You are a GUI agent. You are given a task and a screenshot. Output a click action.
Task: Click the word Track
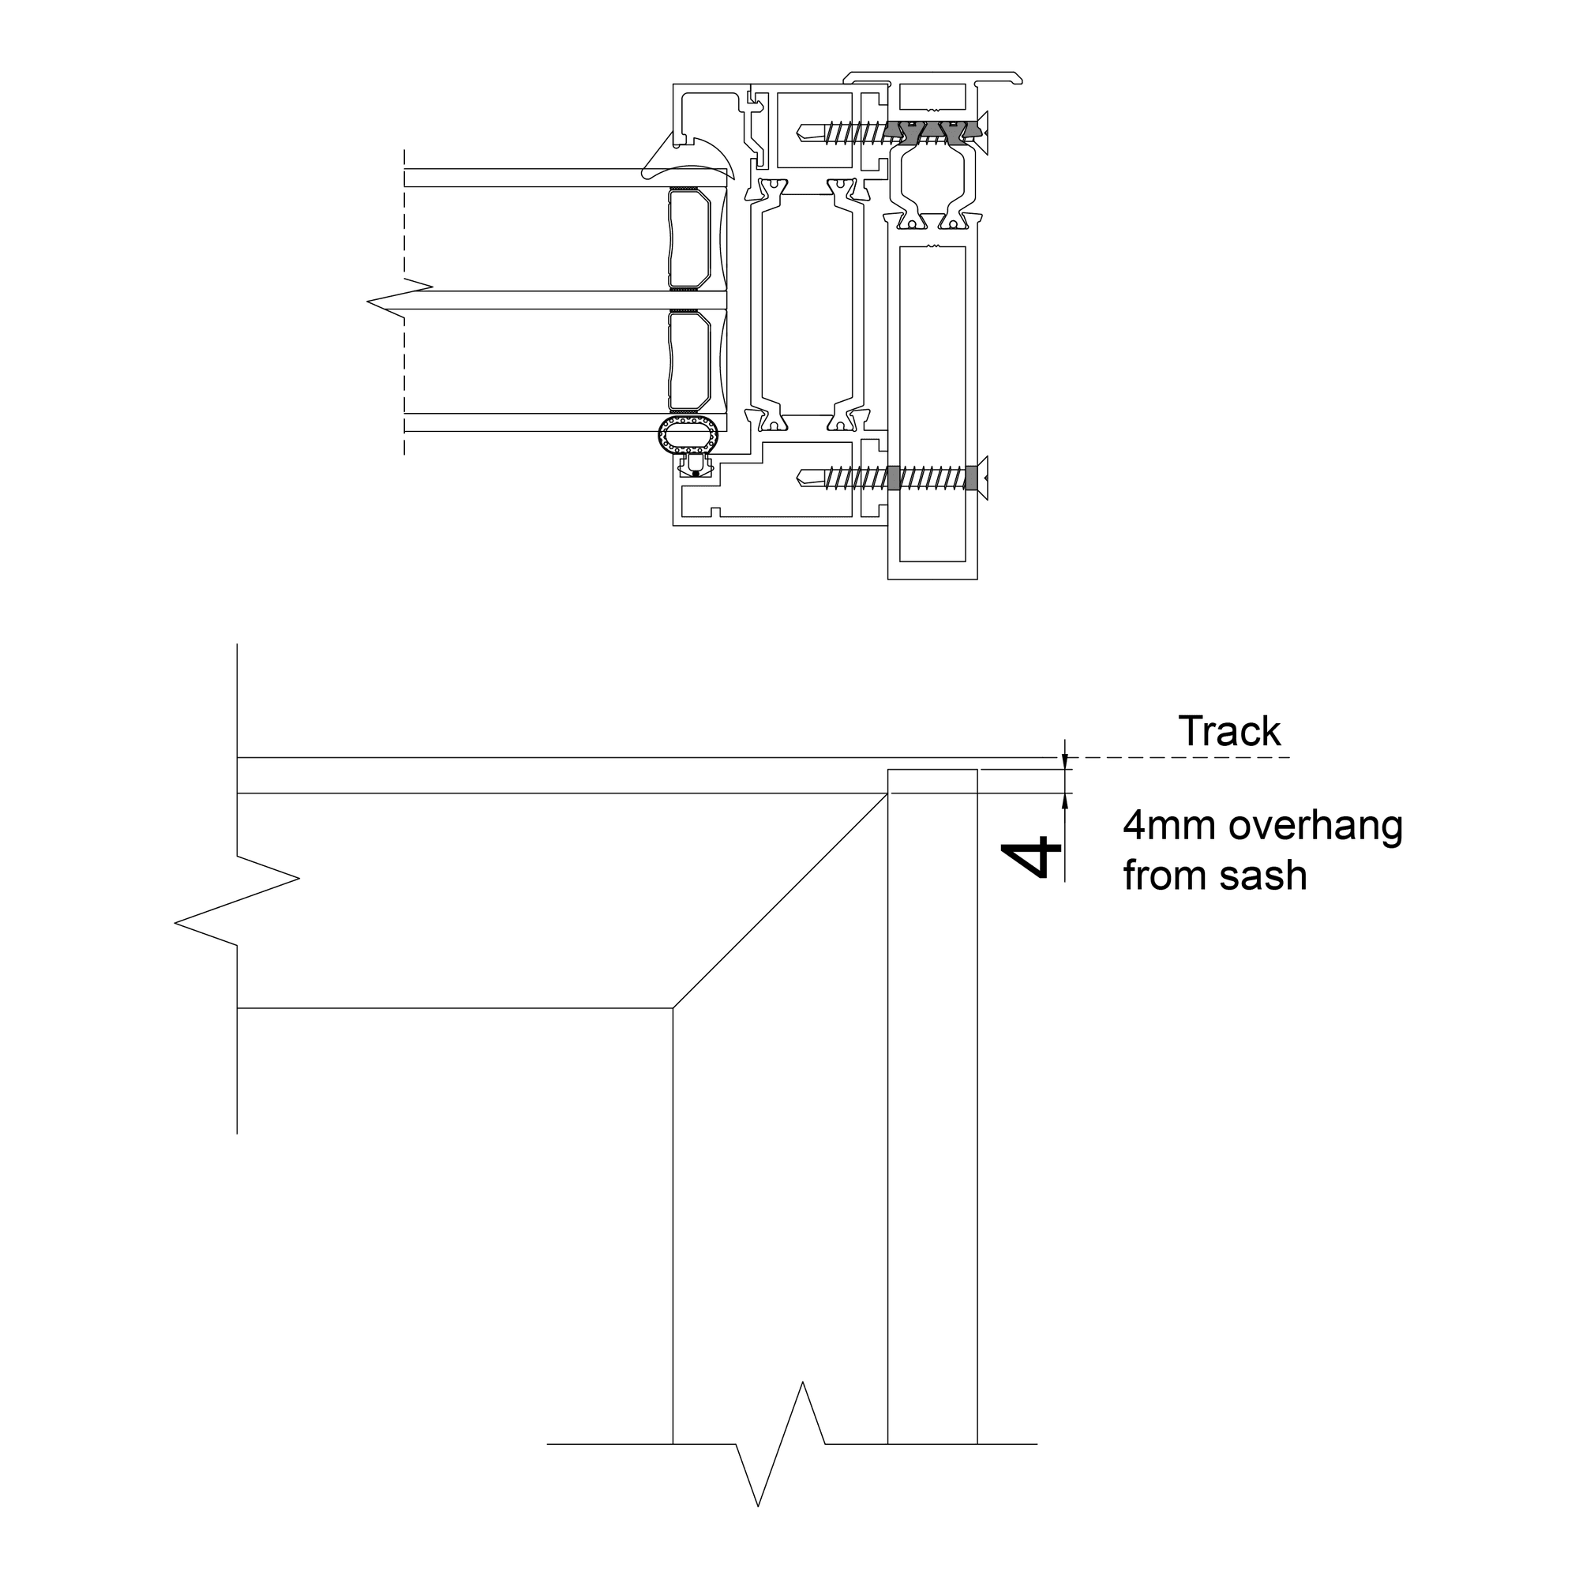1229,732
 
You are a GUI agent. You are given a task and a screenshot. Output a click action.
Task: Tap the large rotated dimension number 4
1031,857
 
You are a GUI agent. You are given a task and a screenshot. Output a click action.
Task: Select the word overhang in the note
1316,827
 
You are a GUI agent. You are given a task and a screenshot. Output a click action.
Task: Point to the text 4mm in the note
1170,826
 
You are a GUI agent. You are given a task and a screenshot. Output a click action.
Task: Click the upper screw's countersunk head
983,131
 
